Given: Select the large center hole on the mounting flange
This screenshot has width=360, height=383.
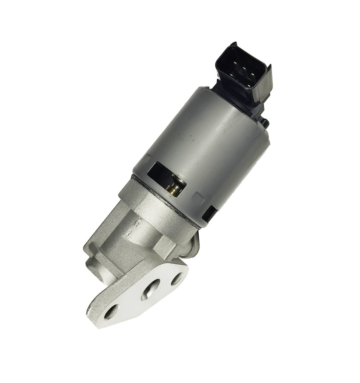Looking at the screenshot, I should [x=151, y=291].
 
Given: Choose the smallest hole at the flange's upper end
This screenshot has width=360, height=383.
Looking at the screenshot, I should [x=176, y=279].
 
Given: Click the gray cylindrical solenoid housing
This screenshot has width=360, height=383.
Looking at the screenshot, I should [x=204, y=145].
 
